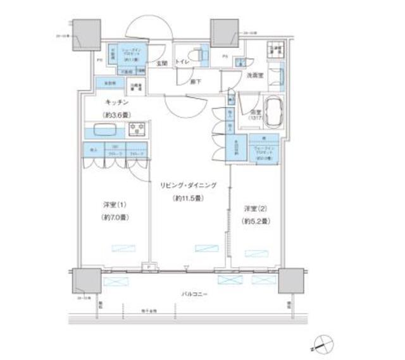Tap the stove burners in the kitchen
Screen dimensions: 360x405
[x=136, y=130]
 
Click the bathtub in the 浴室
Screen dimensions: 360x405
[x=273, y=112]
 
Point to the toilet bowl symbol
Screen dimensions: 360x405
[x=202, y=56]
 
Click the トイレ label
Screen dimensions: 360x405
[x=182, y=63]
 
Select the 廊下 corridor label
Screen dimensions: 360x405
[x=197, y=82]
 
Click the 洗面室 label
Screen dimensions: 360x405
[x=255, y=75]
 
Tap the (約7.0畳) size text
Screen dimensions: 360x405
[x=115, y=218]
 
